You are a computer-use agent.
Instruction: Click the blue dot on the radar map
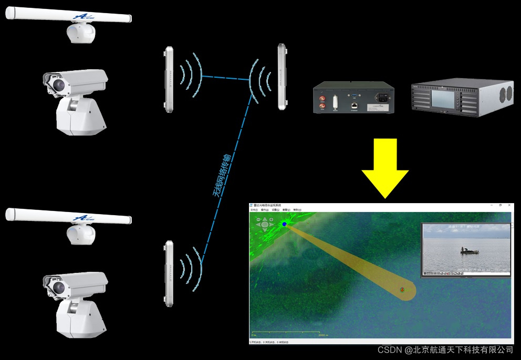coord(284,224)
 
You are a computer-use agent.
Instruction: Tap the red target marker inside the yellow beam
coord(402,289)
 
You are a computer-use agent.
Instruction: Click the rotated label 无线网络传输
coord(221,175)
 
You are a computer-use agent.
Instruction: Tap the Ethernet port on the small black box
coord(355,105)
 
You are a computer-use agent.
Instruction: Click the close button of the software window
coord(508,205)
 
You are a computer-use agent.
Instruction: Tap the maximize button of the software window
coord(499,205)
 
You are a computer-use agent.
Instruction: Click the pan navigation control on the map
coord(265,225)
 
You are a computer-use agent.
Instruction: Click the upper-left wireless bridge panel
coord(169,79)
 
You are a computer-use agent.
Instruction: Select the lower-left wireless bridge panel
coord(169,273)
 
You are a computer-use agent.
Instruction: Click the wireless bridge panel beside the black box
coord(284,77)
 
